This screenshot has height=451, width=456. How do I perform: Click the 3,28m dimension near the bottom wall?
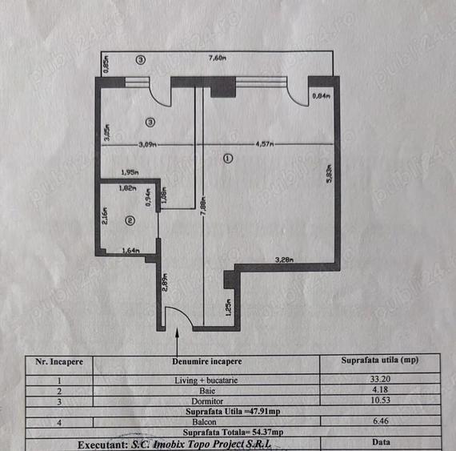[284, 260]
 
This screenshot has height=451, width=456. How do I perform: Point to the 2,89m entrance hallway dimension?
[165, 283]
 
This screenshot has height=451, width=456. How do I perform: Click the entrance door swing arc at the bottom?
[179, 322]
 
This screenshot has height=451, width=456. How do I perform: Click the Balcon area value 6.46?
[377, 421]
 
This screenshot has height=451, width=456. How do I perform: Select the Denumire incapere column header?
[206, 360]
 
